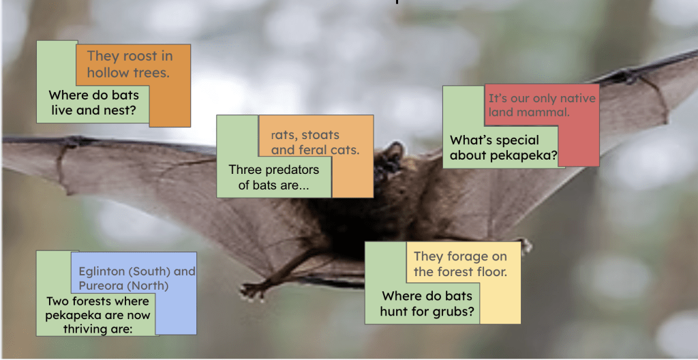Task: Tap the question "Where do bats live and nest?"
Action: point(93,102)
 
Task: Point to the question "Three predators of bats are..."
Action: point(274,177)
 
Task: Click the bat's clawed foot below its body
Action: point(253,290)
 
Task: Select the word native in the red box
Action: point(578,98)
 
